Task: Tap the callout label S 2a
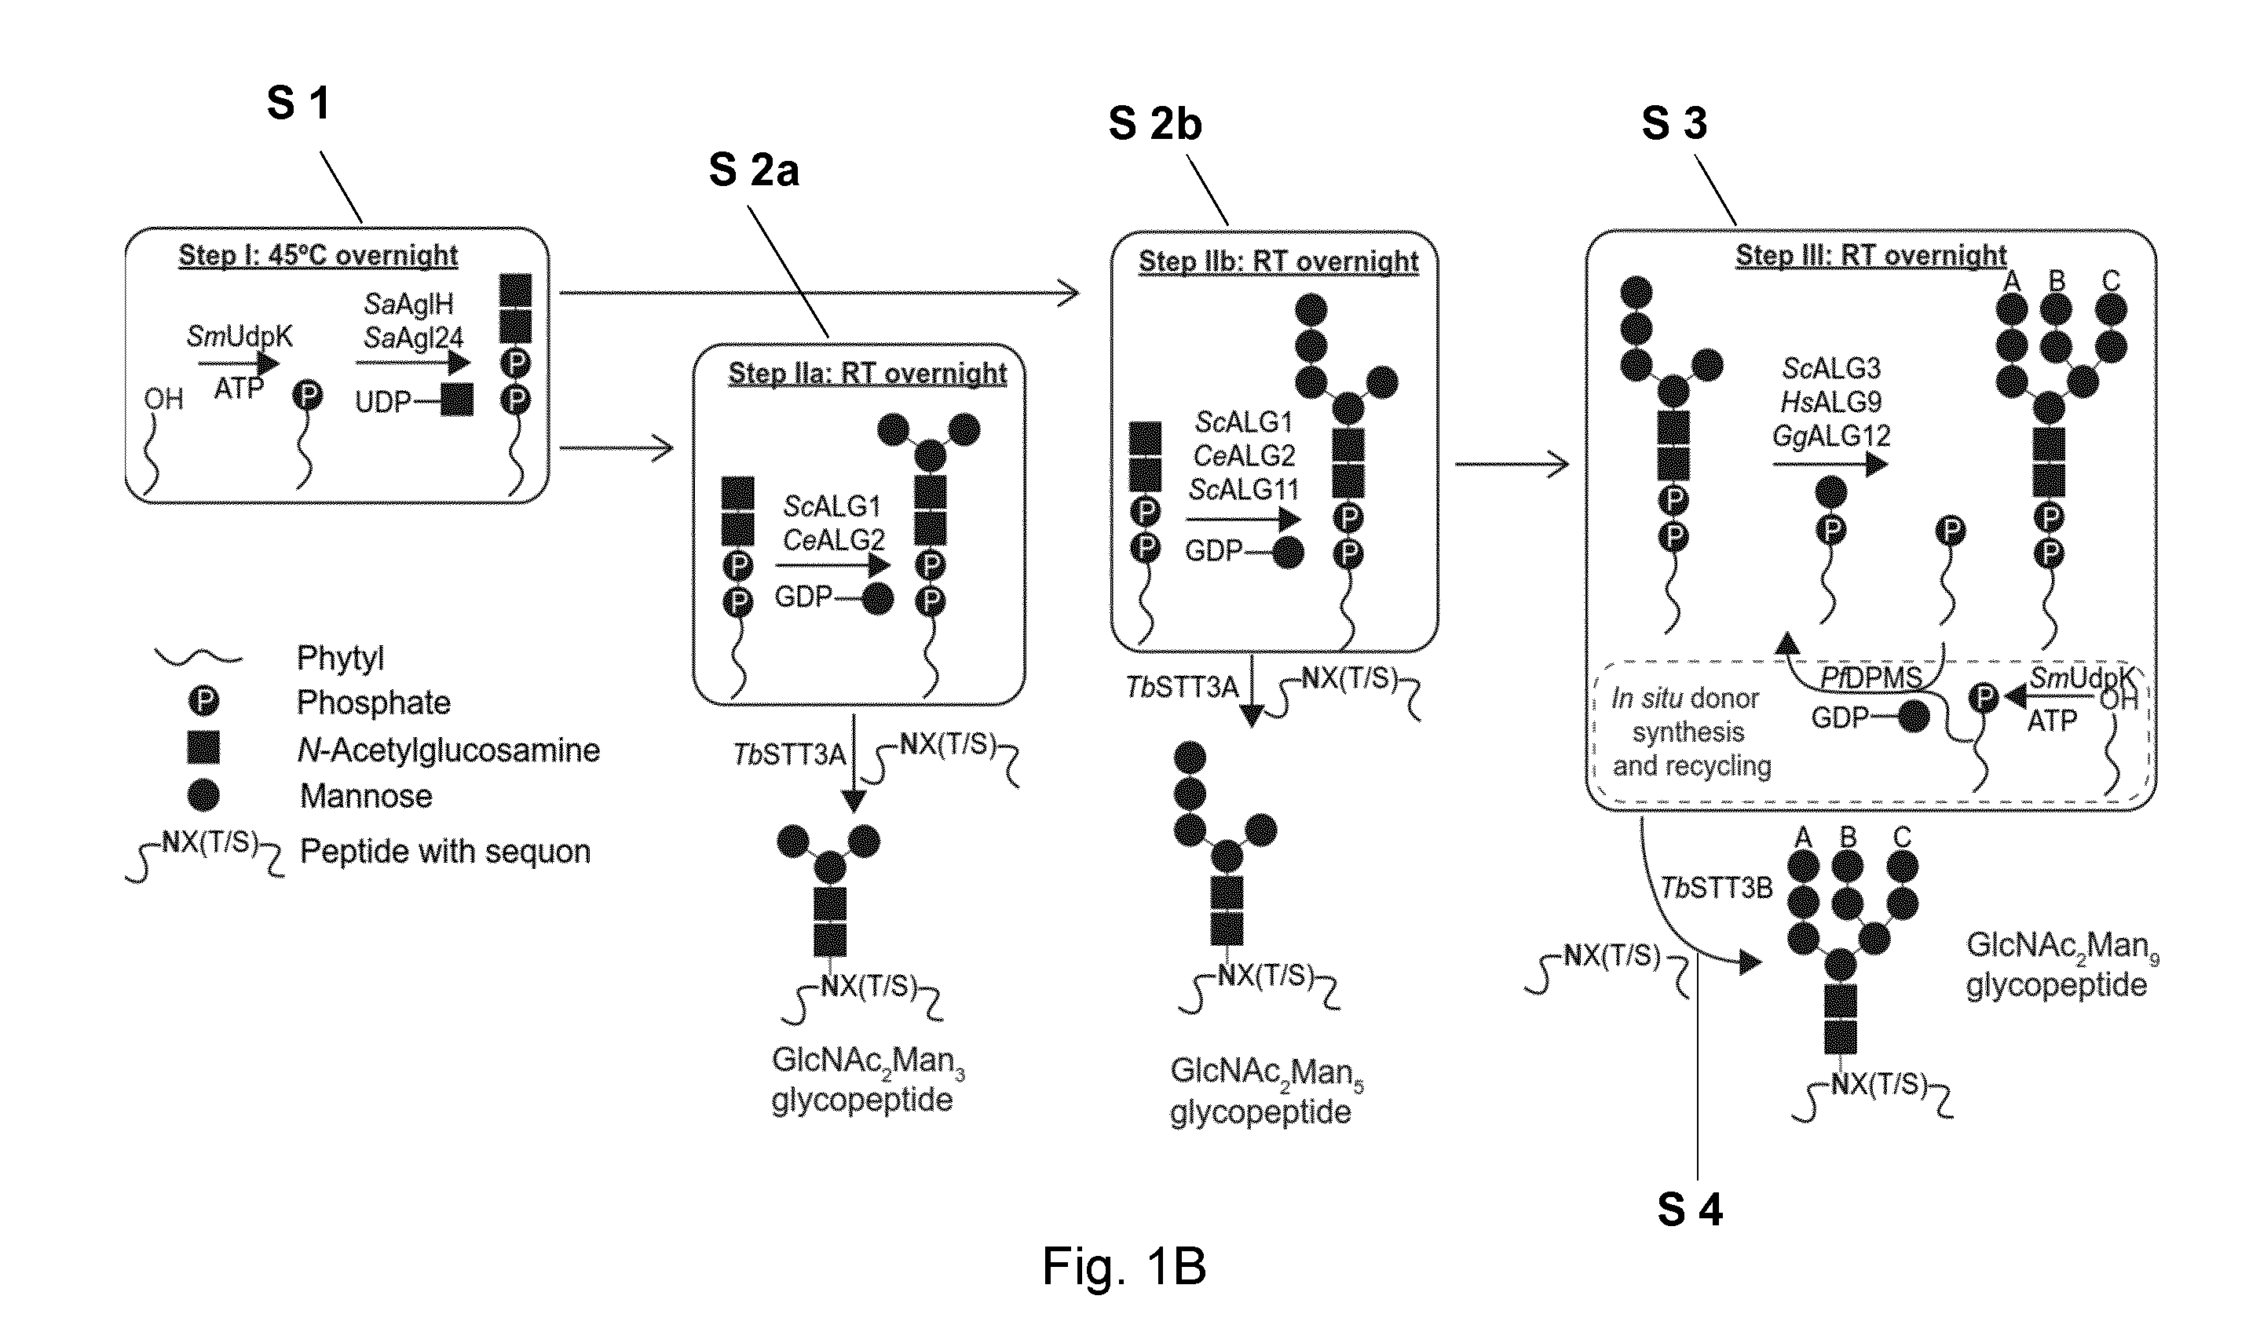[x=754, y=170]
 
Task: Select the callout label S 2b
[x=1155, y=123]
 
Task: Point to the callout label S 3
[x=1675, y=122]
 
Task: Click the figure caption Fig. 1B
[x=1124, y=1266]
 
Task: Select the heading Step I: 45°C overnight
[x=318, y=255]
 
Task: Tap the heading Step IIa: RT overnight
[x=867, y=373]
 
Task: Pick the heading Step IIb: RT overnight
[x=1278, y=261]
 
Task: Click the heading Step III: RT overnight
[x=1871, y=255]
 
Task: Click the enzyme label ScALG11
[x=1243, y=490]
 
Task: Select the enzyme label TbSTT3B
[x=1716, y=889]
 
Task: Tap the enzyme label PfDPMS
[x=1871, y=677]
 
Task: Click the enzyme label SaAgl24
[x=413, y=338]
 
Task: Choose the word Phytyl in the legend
[x=340, y=658]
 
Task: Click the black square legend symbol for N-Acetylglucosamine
[x=203, y=747]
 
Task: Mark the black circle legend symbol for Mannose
[x=203, y=795]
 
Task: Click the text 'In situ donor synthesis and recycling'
[x=1691, y=732]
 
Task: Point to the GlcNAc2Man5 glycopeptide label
[x=1266, y=1091]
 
